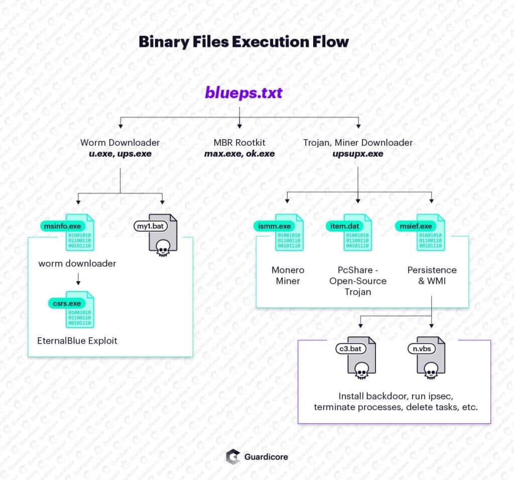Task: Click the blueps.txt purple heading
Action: [243, 93]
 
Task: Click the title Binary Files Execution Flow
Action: [243, 41]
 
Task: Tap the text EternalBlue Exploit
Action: [77, 341]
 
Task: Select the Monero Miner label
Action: [288, 275]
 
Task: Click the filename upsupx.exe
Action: [357, 154]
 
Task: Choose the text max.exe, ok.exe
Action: [239, 154]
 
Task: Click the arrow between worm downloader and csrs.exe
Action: [77, 280]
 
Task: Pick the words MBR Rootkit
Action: [239, 143]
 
